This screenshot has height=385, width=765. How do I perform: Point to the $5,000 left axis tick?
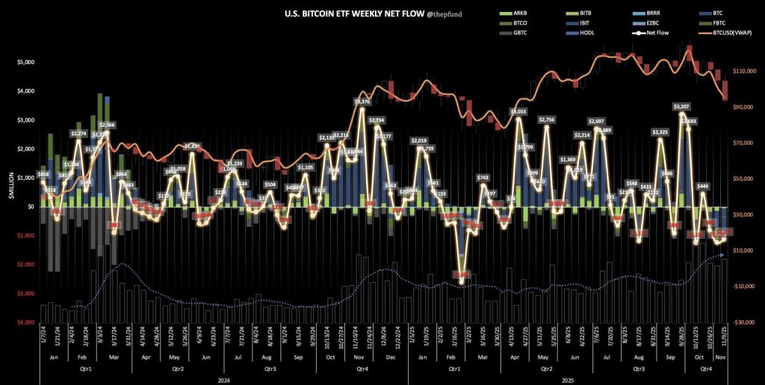pos(25,62)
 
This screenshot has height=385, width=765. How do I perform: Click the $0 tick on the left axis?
pos(31,207)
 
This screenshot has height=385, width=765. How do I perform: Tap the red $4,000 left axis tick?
pos(25,322)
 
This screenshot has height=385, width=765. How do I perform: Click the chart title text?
pos(350,13)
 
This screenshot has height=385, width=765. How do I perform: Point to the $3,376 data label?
pos(362,101)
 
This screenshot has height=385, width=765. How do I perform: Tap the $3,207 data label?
pos(681,107)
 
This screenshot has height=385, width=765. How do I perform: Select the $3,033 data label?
pos(518,112)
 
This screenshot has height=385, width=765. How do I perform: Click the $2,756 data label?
pos(547,120)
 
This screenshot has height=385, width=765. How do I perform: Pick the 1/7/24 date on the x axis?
pos(43,340)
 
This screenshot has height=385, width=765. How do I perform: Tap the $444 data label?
pos(703,186)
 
